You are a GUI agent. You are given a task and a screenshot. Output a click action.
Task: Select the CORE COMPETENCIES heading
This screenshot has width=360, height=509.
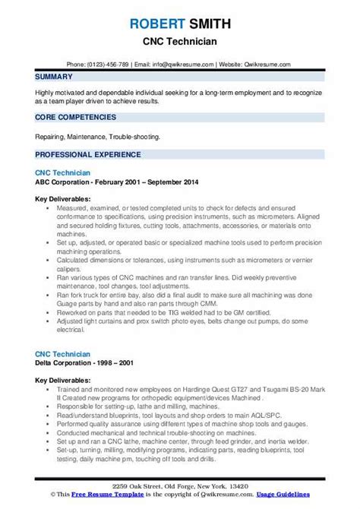click(x=74, y=117)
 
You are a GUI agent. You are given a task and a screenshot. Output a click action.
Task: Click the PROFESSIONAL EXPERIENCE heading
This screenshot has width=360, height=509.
click(x=88, y=154)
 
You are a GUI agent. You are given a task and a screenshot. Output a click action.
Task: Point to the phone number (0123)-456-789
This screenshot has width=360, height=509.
click(x=112, y=64)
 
